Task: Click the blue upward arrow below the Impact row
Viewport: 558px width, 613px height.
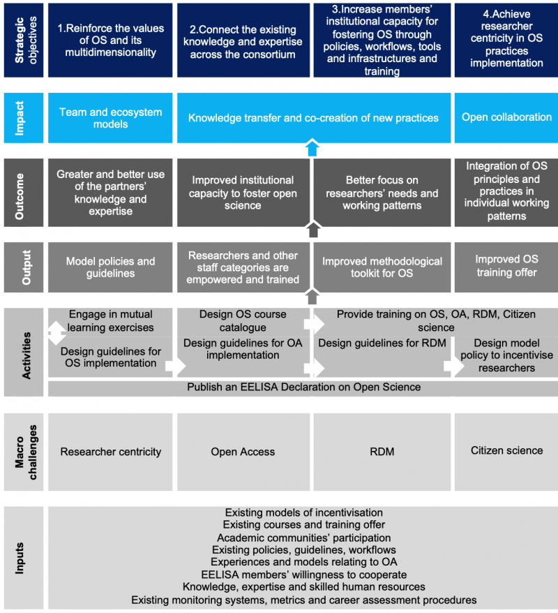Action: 312,147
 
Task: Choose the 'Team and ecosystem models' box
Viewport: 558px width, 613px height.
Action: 110,117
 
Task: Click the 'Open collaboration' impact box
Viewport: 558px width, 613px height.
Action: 506,117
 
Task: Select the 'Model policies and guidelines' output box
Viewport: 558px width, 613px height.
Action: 110,267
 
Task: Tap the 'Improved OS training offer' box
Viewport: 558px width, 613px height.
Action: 506,266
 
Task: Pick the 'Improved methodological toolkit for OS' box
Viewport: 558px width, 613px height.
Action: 382,267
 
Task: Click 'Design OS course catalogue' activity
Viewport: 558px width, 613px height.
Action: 243,320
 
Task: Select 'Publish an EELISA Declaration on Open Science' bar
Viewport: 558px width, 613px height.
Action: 303,387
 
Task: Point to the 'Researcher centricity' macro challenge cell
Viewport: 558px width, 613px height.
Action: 110,452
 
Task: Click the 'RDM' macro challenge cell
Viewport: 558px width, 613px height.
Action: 382,452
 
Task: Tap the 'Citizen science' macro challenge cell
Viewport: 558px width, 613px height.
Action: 506,450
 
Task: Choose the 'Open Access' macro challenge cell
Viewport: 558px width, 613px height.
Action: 243,452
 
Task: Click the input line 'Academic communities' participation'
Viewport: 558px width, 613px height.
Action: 303,538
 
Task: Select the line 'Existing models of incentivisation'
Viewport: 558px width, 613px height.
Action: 303,512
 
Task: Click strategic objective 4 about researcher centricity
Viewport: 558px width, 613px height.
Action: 506,40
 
